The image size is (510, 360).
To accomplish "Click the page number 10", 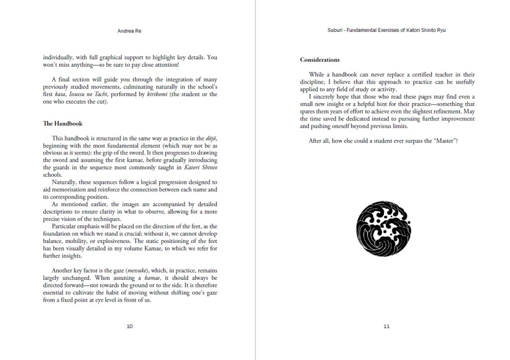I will (129, 326).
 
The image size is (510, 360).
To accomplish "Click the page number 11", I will (386, 326).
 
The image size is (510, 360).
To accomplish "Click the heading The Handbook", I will (63, 123).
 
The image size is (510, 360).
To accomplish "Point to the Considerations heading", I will (320, 60).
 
